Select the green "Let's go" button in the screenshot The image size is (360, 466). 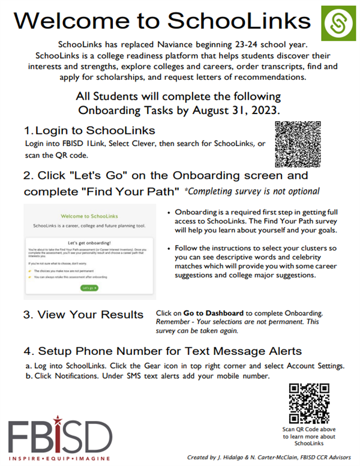(x=89, y=288)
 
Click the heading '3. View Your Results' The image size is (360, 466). (x=83, y=315)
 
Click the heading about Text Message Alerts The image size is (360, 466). (x=162, y=351)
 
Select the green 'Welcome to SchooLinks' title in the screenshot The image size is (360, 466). (x=89, y=215)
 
